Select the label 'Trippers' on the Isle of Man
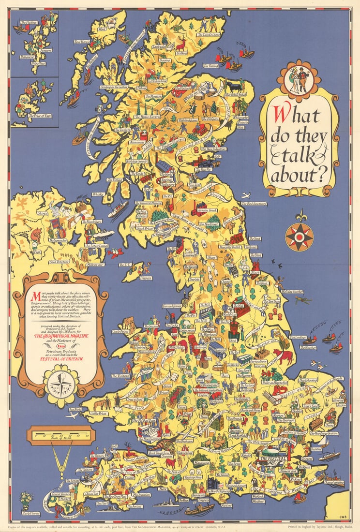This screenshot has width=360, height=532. click(132, 278)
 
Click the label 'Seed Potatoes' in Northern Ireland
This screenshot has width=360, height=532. click(59, 262)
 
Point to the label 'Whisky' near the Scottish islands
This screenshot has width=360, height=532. click(98, 194)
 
